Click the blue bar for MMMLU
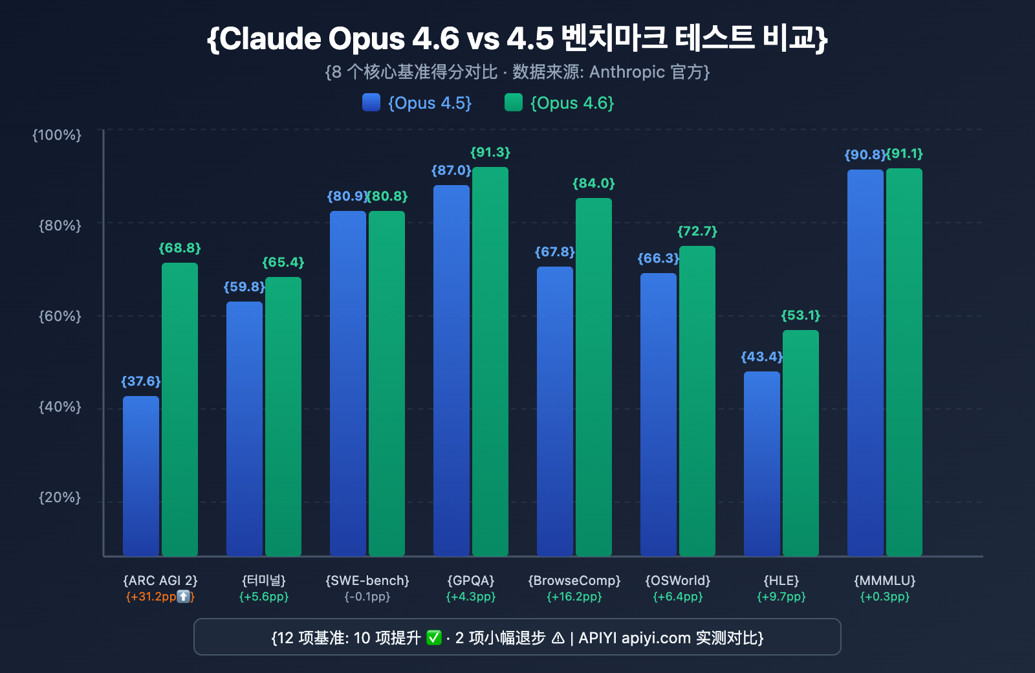(x=866, y=362)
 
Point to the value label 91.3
(x=490, y=153)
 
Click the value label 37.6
(x=141, y=382)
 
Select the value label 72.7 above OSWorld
(x=697, y=232)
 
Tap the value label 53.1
(x=801, y=316)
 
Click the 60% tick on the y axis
(x=60, y=316)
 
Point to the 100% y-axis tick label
(x=57, y=135)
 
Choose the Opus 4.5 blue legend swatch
(x=371, y=103)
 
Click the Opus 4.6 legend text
(x=572, y=104)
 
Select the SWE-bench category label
(x=367, y=580)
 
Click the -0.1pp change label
(x=367, y=597)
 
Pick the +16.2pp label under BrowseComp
(x=574, y=597)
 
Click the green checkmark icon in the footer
(x=434, y=638)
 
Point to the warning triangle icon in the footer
(x=558, y=638)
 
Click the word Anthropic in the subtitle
(x=627, y=72)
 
